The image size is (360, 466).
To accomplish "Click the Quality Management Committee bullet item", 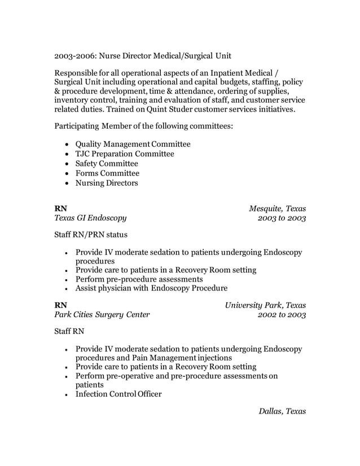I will (x=133, y=144).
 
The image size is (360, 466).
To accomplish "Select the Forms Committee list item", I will (x=107, y=173).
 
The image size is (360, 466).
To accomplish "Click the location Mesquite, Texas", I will (x=278, y=208).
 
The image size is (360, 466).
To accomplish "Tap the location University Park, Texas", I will (x=265, y=306).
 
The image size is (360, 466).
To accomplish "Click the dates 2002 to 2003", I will (x=281, y=315).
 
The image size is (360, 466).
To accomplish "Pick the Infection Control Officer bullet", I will (x=118, y=394).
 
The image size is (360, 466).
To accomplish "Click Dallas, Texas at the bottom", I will (x=282, y=411).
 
